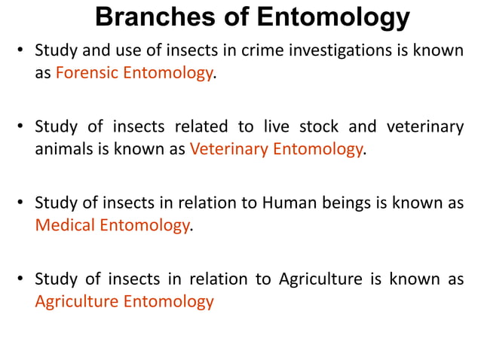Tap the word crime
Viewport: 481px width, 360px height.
coord(229,52)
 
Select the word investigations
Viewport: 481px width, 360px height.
coord(307,52)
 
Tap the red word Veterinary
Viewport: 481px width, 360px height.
coord(228,149)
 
